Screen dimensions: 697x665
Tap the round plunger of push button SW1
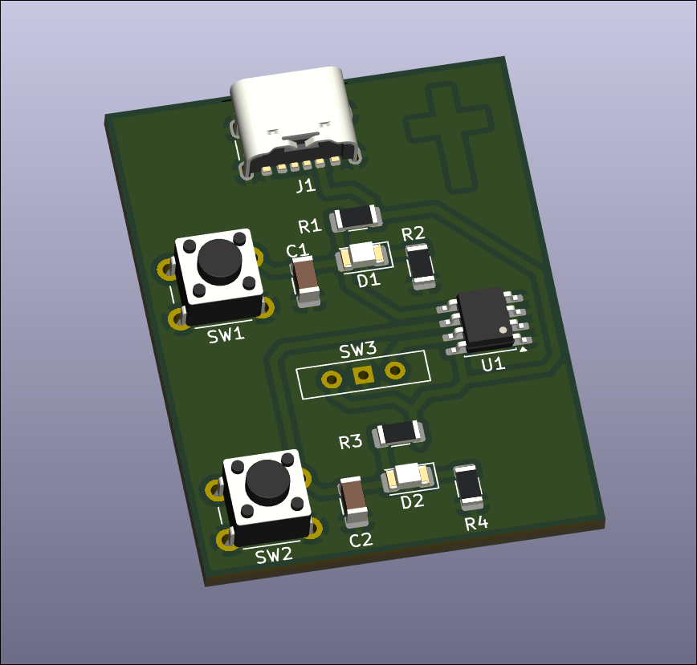coord(219,262)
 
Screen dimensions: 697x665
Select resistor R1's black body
coord(355,217)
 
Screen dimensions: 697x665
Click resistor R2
coord(420,266)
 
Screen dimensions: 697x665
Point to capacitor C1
coord(305,281)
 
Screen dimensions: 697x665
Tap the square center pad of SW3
coord(363,375)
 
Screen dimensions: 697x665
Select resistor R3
coord(398,433)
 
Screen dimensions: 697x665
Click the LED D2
coord(408,476)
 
